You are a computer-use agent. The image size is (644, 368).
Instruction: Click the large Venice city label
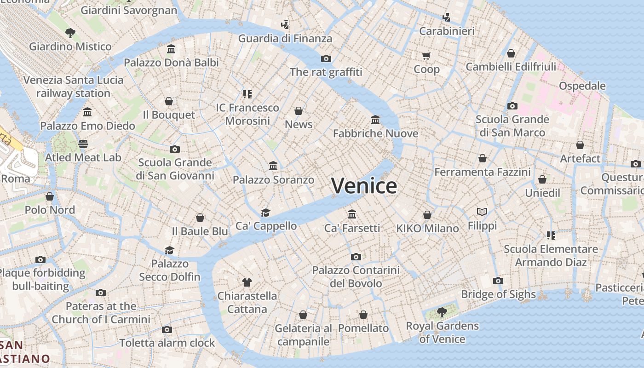[364, 186]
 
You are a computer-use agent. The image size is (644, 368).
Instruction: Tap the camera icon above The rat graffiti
[326, 58]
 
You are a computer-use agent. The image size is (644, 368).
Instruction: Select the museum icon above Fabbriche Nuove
[375, 120]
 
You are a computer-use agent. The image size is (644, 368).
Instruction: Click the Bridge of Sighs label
[498, 294]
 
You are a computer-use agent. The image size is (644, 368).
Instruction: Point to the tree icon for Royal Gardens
[442, 312]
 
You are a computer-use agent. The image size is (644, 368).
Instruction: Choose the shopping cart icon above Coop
[426, 56]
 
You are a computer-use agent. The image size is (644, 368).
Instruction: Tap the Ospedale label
[582, 86]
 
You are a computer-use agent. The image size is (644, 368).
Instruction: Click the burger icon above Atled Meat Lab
[83, 144]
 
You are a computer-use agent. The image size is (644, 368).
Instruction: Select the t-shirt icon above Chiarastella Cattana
[247, 282]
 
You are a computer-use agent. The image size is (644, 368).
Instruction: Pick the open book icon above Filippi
[482, 212]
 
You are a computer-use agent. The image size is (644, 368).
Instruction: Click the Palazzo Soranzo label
[273, 180]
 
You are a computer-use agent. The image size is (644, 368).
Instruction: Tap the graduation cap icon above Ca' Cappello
[265, 212]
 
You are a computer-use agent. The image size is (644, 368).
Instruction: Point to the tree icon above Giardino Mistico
[70, 33]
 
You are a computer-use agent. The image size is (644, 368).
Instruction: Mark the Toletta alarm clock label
[167, 343]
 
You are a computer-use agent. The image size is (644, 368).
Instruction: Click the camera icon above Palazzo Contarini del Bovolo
[356, 257]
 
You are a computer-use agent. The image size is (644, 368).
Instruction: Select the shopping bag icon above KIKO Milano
[427, 215]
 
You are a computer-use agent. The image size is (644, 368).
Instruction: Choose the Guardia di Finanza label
[285, 39]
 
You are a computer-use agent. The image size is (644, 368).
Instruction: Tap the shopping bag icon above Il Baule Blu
[200, 218]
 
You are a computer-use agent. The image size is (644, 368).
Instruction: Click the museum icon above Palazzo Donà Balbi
[171, 49]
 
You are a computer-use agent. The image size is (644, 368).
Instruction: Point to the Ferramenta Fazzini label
[483, 172]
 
